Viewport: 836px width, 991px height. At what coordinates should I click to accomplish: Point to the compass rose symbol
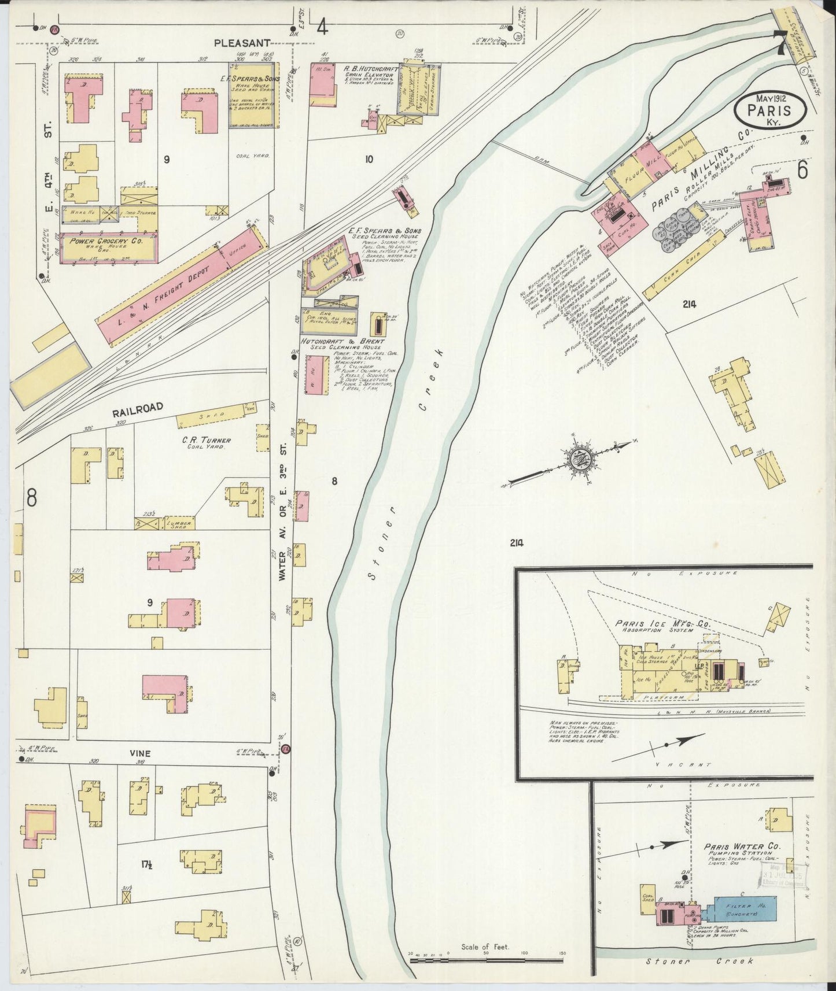click(579, 460)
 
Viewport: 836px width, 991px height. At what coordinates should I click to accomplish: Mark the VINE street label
click(140, 753)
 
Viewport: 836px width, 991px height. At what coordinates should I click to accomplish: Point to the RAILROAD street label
click(137, 408)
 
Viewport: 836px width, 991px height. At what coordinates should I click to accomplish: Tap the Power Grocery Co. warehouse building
click(109, 247)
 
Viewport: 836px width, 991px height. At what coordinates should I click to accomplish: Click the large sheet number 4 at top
click(322, 26)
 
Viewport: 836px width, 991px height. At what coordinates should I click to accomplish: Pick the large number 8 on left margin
click(31, 496)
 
